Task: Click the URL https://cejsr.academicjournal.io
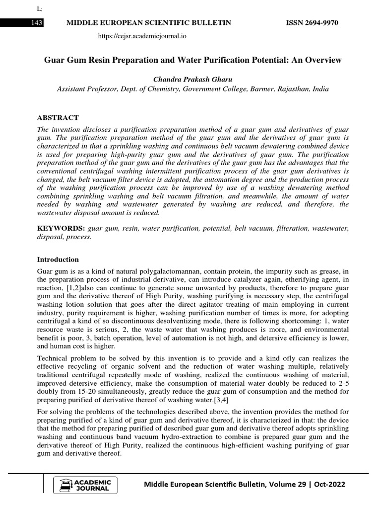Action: [x=142, y=36]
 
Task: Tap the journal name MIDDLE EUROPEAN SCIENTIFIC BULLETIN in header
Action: [x=145, y=23]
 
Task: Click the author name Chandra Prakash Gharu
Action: [x=190, y=80]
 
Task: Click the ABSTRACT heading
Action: [x=58, y=118]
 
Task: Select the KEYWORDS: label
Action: [x=62, y=228]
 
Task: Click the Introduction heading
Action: [x=58, y=259]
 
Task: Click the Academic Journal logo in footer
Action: [x=88, y=485]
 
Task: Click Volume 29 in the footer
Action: [x=279, y=484]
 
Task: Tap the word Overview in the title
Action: [x=324, y=60]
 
